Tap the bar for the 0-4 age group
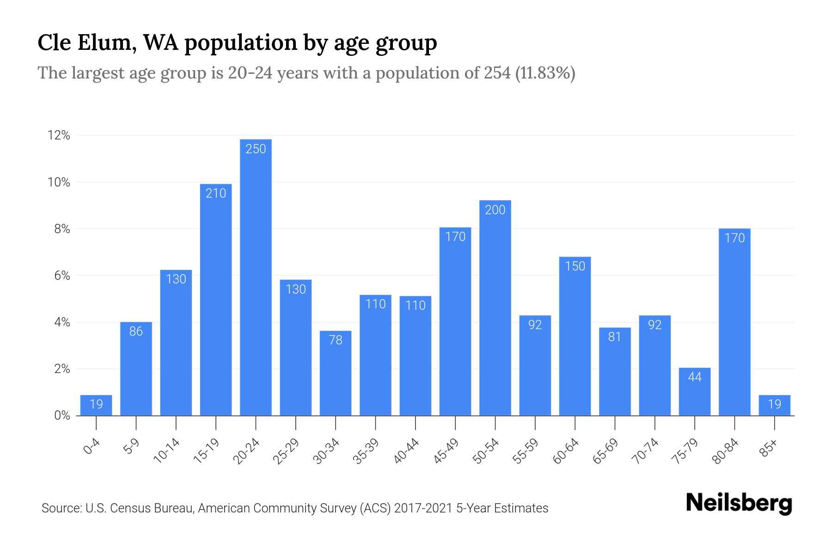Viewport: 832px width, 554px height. [96, 405]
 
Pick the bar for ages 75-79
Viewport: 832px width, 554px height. [695, 392]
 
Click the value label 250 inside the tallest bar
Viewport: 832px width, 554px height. [256, 149]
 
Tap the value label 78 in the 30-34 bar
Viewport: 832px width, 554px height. [336, 340]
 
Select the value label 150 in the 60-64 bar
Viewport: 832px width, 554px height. [575, 266]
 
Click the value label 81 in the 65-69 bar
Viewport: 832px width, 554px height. [615, 337]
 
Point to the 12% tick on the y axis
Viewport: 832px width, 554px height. [58, 135]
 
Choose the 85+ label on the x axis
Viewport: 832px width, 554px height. [768, 449]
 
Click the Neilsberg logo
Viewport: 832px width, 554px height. [739, 504]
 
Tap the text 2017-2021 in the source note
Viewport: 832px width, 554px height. [423, 508]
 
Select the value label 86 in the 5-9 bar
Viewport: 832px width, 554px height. [136, 331]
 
